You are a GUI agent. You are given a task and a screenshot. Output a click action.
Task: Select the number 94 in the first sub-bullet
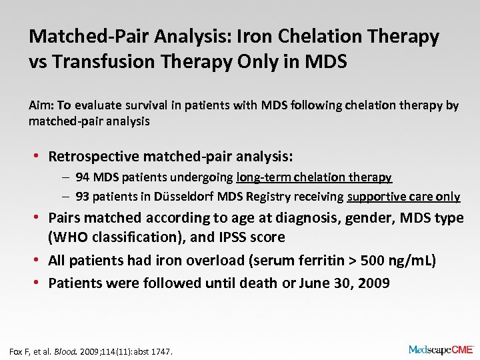tap(83, 177)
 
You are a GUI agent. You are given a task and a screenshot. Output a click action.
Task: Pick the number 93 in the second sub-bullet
tap(83, 196)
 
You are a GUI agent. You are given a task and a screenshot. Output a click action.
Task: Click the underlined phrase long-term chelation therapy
tap(314, 177)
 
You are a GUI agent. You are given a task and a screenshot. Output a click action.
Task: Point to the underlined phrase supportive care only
tap(403, 196)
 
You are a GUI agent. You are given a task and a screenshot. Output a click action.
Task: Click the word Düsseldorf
tap(185, 196)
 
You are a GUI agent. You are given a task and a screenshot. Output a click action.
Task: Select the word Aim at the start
tap(39, 105)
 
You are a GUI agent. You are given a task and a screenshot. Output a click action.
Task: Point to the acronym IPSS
tap(231, 237)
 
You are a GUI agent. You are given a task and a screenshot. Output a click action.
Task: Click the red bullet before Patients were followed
tap(39, 283)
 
